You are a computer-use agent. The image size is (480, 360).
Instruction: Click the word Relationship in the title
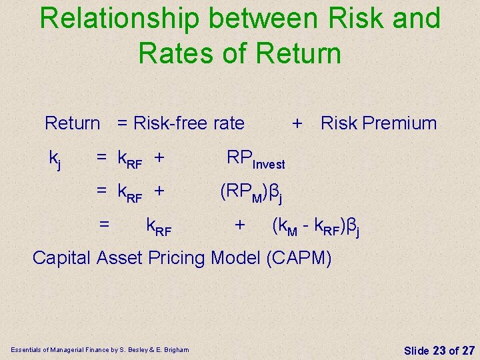pos(118,19)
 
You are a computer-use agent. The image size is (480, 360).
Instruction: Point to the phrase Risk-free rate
pos(189,123)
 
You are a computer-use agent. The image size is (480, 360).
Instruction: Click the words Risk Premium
pos(379,123)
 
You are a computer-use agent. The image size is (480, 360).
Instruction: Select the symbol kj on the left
pos(55,159)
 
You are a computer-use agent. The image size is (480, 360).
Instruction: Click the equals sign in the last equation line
pos(104,226)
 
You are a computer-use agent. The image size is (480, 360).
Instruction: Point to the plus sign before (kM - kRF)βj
pos(239,226)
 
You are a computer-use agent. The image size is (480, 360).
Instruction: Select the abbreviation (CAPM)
pos(298,257)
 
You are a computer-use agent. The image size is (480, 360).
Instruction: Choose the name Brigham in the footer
pos(175,349)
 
